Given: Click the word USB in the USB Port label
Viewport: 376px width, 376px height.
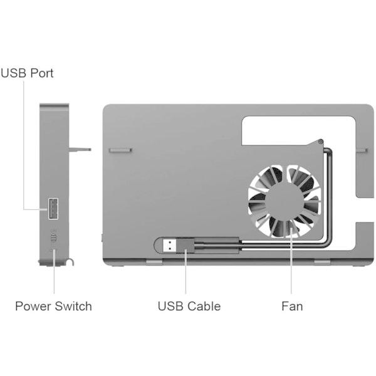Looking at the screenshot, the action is (13, 73).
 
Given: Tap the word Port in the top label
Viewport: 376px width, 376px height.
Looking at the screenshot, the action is (42, 73).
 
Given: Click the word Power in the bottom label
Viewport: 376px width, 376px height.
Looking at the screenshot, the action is (33, 306).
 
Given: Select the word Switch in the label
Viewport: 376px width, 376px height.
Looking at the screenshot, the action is (73, 306).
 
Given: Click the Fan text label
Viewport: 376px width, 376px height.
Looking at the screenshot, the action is (292, 306).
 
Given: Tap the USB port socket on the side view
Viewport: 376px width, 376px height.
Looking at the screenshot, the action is (53, 209).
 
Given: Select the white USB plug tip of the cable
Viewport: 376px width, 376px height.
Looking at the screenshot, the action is (170, 246).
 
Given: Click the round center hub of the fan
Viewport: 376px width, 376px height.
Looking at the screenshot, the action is (285, 201).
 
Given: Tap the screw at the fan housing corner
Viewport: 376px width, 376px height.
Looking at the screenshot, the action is (321, 142).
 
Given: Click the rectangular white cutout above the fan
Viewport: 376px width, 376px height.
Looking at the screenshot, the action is (298, 131).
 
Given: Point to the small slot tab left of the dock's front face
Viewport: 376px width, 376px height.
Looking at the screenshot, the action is (120, 150).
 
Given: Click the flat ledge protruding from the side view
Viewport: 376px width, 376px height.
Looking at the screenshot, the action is (80, 149).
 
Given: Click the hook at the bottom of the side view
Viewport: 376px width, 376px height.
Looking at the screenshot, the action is (70, 262).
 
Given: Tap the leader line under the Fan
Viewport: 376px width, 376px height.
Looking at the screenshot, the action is (291, 261).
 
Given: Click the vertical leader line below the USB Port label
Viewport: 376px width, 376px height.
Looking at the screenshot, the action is (24, 145).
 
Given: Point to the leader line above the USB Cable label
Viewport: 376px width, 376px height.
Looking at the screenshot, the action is (185, 271).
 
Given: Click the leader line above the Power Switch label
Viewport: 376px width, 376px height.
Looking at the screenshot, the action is (54, 271).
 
